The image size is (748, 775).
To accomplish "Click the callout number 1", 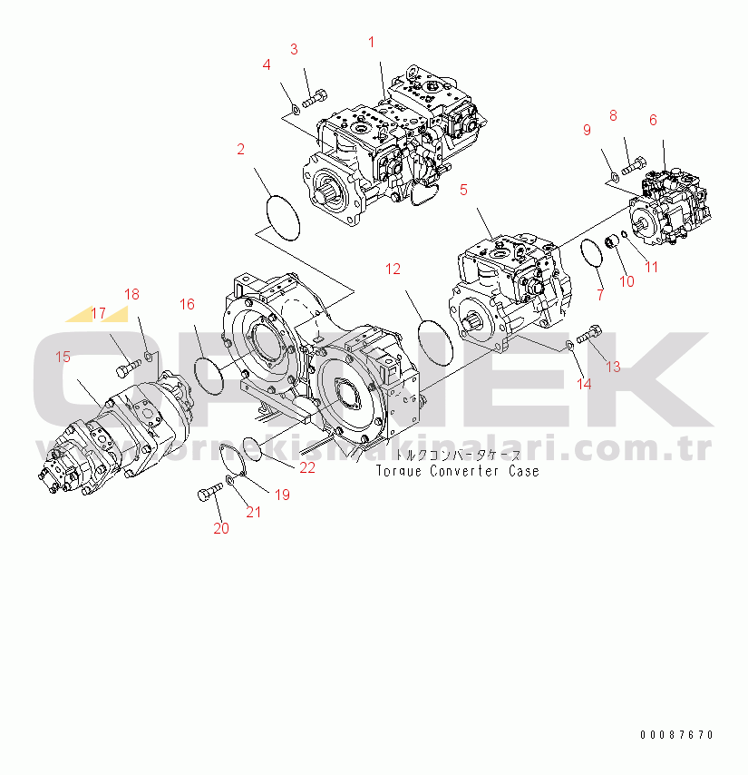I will pos(371,41).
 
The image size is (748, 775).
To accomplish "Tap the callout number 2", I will pos(240,150).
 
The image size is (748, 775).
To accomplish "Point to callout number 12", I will pos(393,269).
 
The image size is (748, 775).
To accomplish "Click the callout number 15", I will pos(63,357).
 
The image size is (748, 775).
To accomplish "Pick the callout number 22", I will pos(308,467).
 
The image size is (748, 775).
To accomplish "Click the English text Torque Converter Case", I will pos(457,472).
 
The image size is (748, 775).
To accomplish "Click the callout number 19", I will pos(282,495).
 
